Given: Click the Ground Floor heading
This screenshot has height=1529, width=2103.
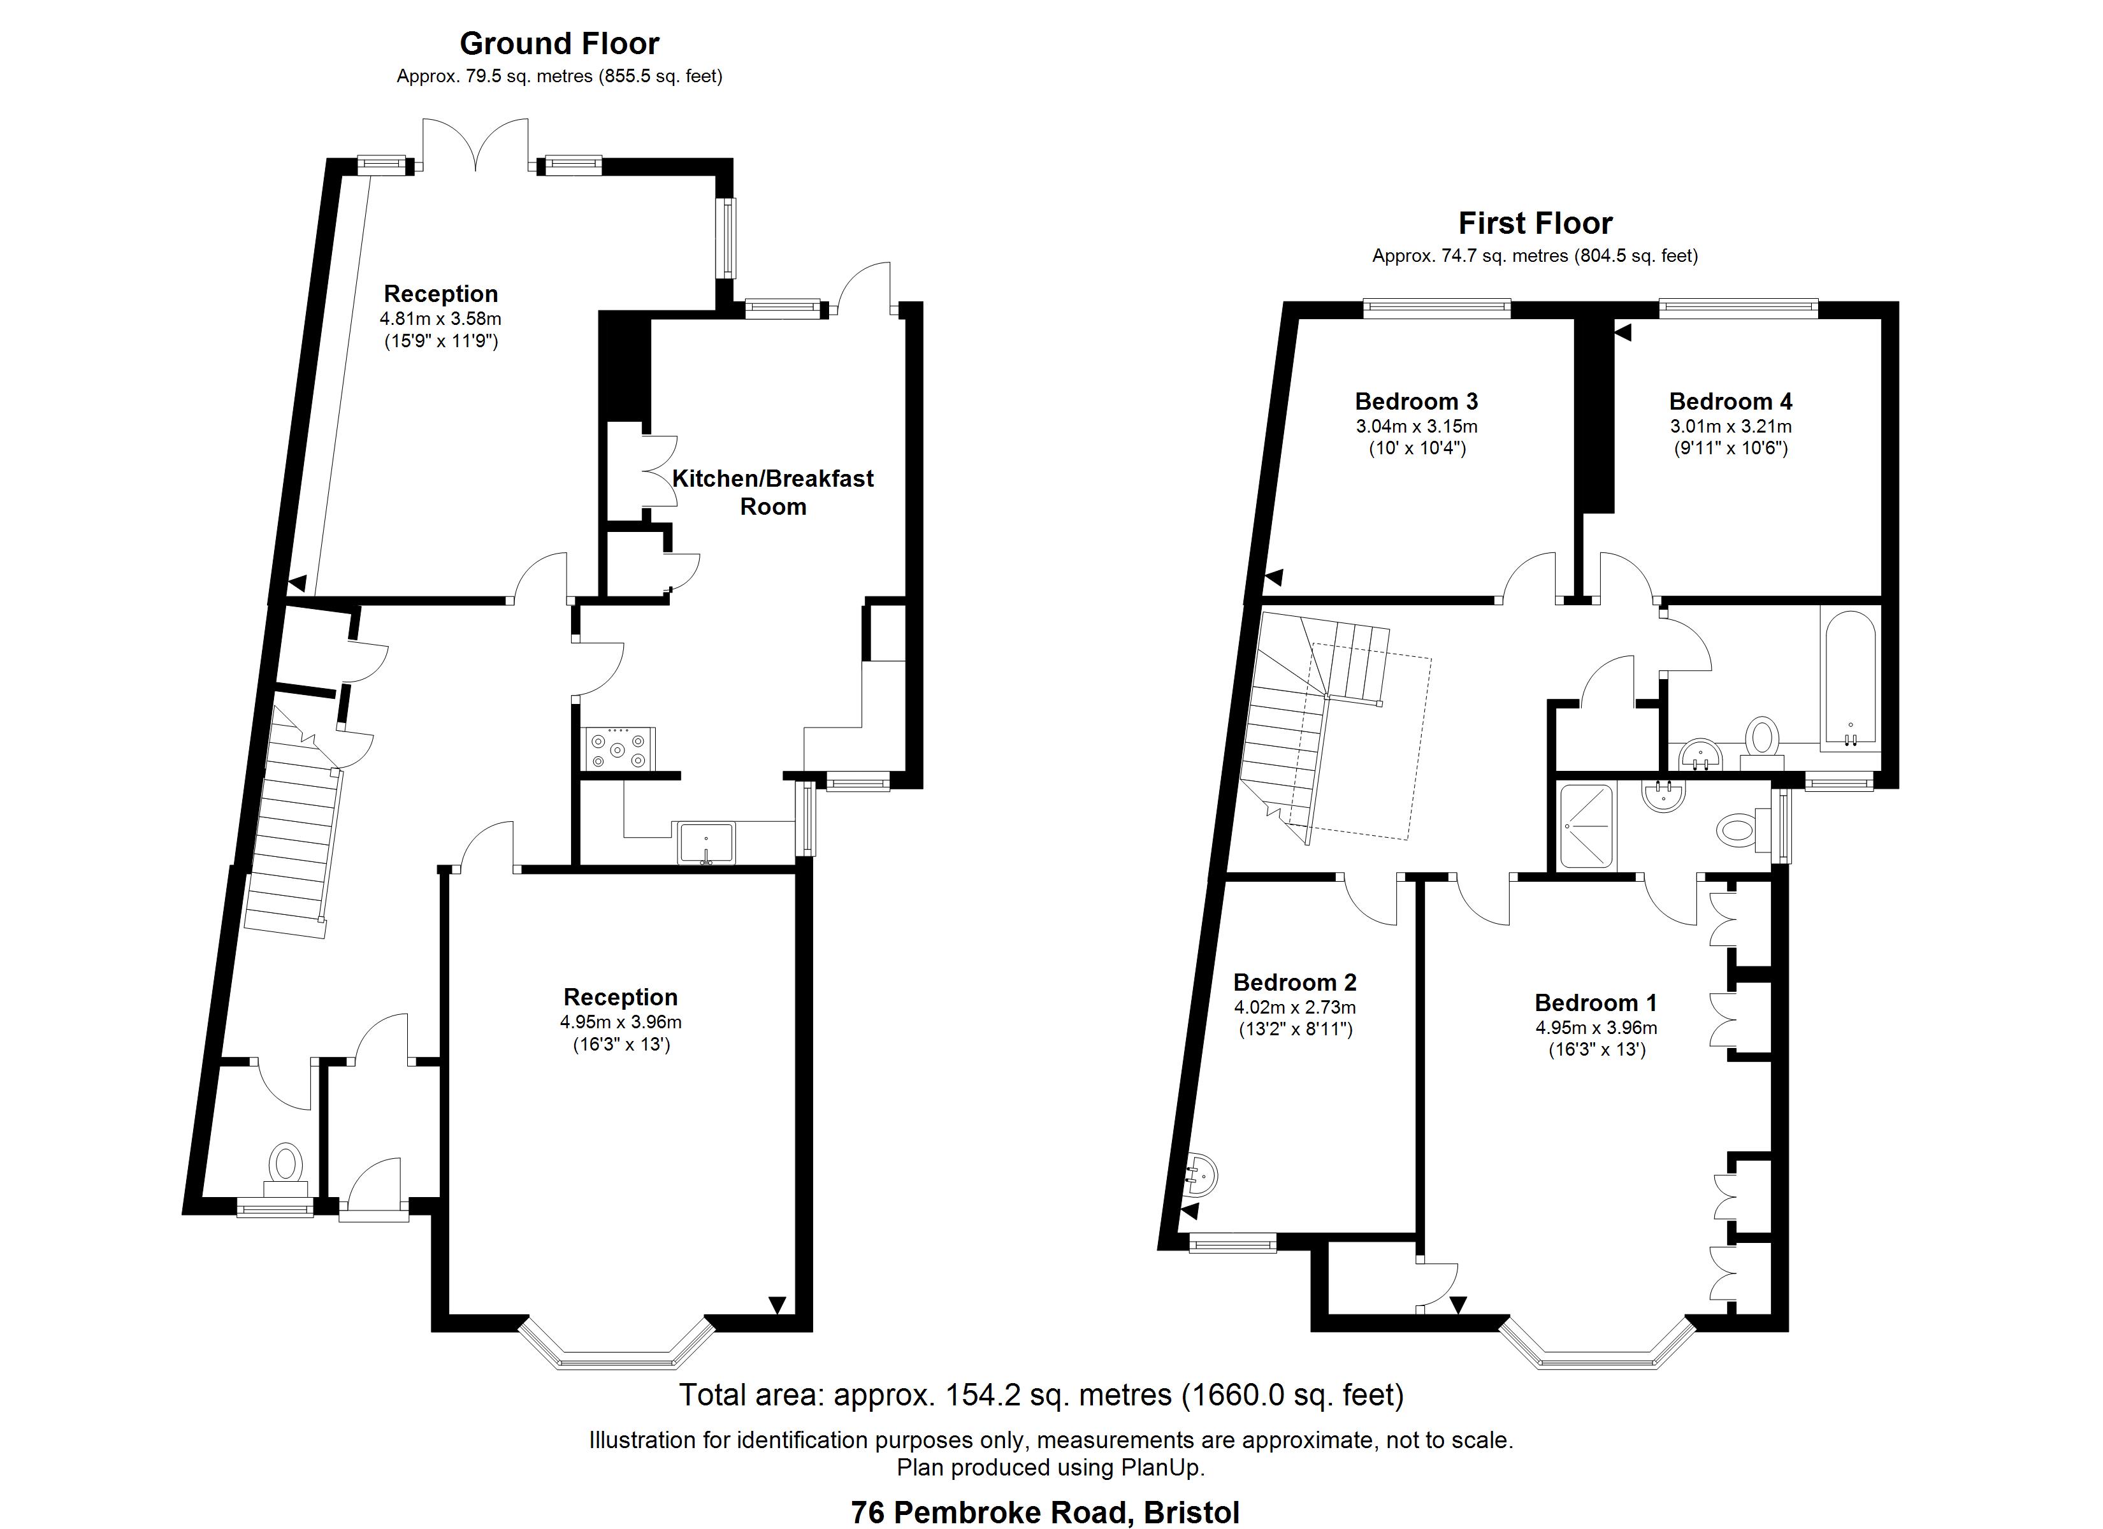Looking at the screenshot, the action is [x=559, y=43].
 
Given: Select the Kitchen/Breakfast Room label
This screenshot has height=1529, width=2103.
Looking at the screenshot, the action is [x=772, y=492].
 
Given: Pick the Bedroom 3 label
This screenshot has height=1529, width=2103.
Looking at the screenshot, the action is [x=1416, y=401].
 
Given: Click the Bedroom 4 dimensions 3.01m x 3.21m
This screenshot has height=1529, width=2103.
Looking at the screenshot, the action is [x=1730, y=426].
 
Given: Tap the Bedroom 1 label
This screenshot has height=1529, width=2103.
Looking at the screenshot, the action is [x=1595, y=1002].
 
